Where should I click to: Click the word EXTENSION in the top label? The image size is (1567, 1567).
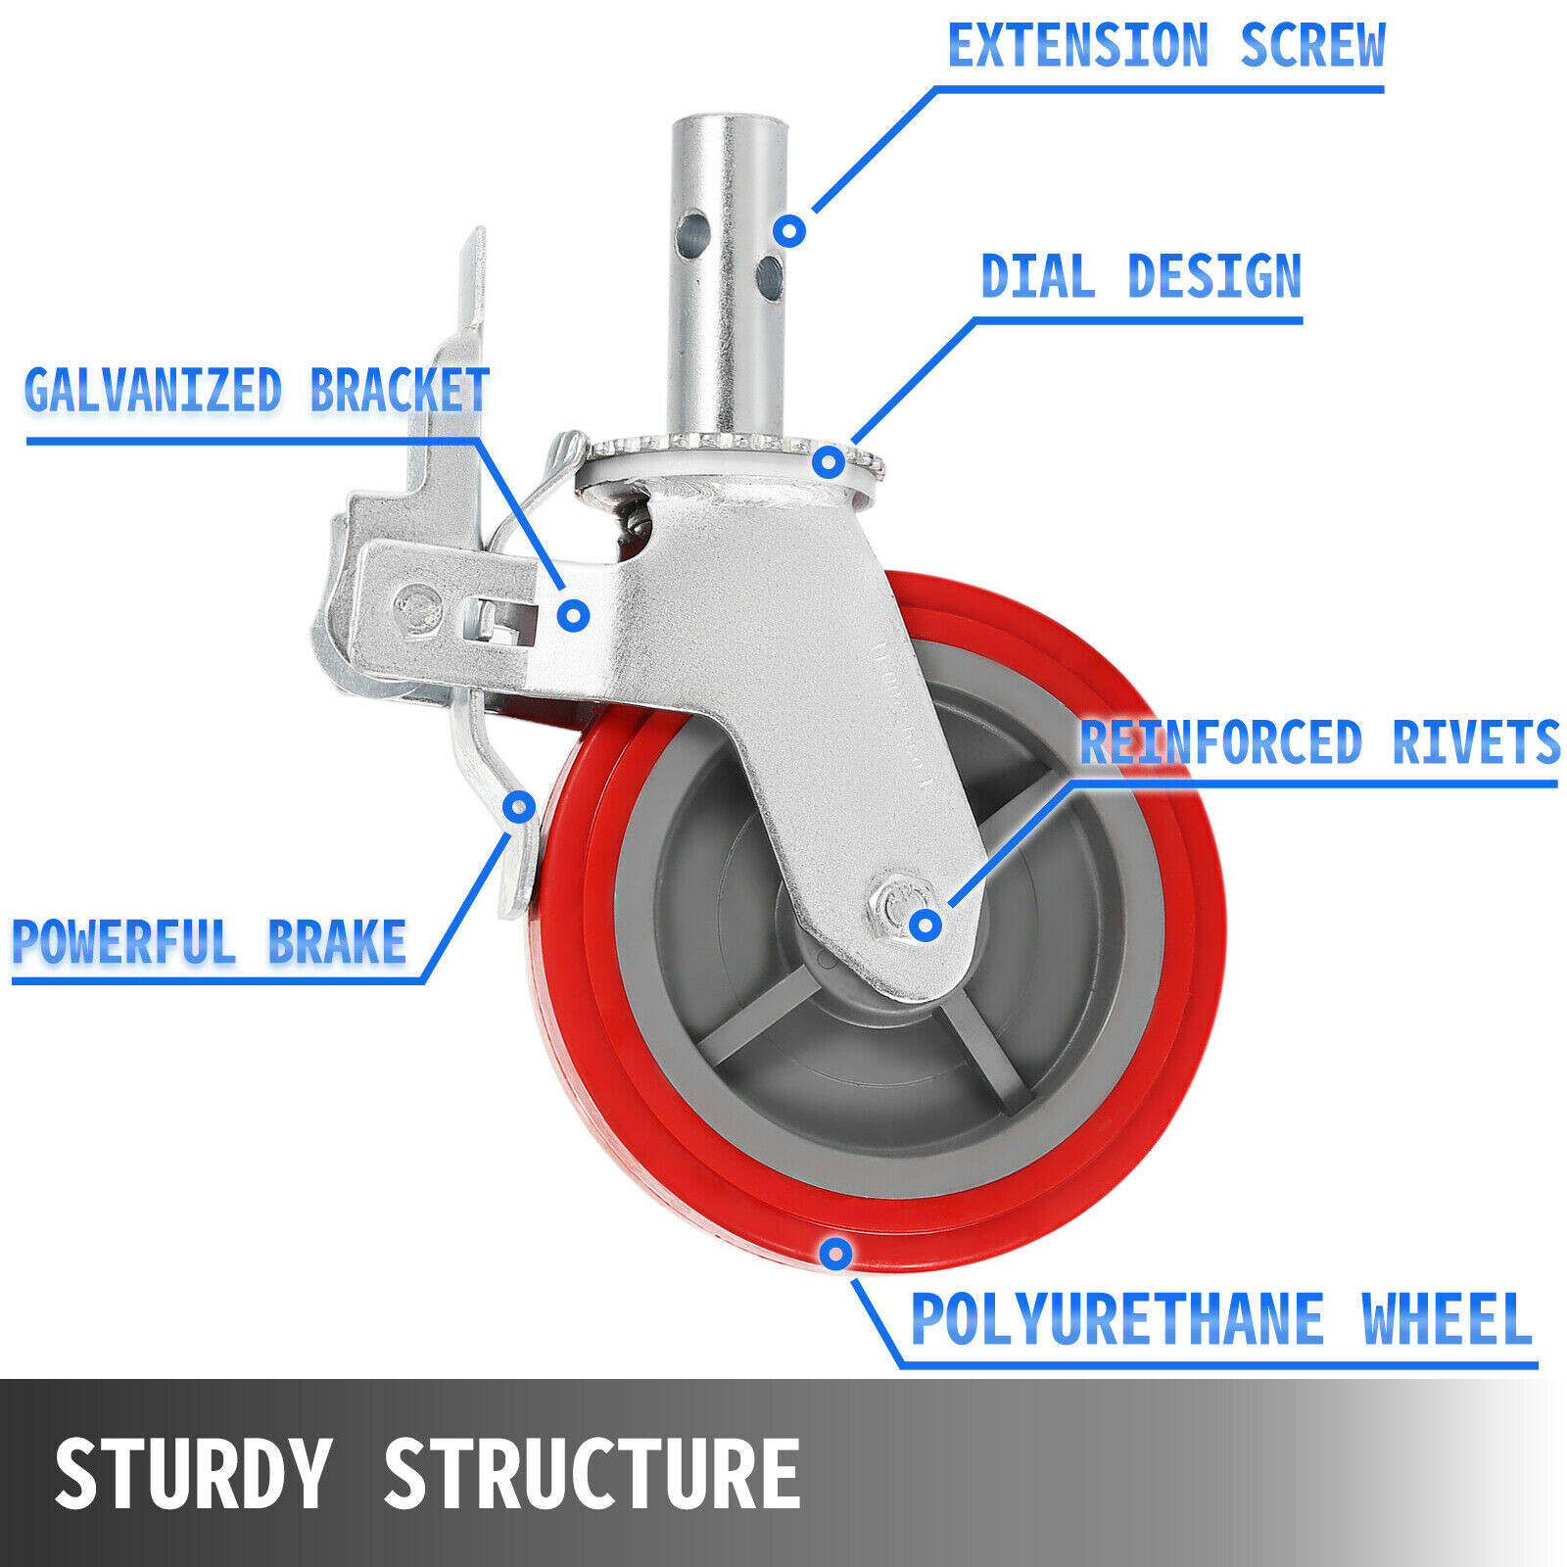click(x=1078, y=46)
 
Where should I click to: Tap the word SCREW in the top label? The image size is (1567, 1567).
click(x=1312, y=46)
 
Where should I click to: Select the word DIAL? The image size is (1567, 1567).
click(x=1037, y=277)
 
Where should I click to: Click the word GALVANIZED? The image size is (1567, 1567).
click(x=153, y=391)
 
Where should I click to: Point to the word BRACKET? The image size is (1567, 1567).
click(x=400, y=391)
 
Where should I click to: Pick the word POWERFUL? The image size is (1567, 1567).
click(x=123, y=942)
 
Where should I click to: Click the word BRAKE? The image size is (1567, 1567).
click(x=337, y=942)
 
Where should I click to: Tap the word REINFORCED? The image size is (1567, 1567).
click(x=1220, y=743)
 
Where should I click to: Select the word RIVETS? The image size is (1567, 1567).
click(x=1476, y=743)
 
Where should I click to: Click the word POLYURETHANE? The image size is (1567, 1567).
click(x=1117, y=1320)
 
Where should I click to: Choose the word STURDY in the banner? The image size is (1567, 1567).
click(x=193, y=1474)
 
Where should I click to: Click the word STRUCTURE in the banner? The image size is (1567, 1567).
click(x=593, y=1474)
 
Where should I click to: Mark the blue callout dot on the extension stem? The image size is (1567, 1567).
click(x=789, y=231)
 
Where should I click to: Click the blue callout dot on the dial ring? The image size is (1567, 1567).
click(x=829, y=461)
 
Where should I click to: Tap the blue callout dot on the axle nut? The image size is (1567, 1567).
click(x=926, y=924)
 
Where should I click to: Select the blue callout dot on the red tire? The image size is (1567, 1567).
click(x=835, y=1253)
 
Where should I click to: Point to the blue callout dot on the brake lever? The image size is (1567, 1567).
click(x=519, y=807)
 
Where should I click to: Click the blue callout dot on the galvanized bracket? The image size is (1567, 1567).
click(x=574, y=615)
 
